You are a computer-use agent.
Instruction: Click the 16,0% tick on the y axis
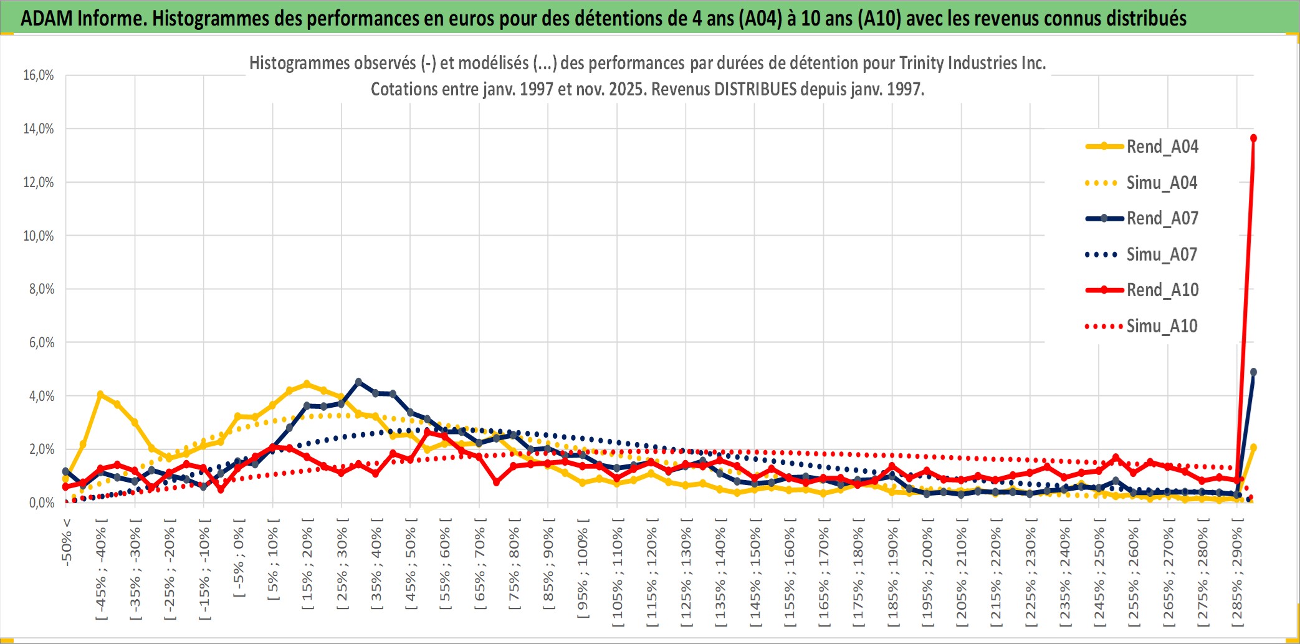pyautogui.click(x=39, y=75)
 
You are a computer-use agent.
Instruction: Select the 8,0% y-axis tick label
pyautogui.click(x=41, y=289)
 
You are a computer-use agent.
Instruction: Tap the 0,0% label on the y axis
pyautogui.click(x=41, y=503)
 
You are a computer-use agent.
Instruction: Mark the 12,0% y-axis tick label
pyautogui.click(x=39, y=183)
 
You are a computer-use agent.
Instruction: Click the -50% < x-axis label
pyautogui.click(x=67, y=542)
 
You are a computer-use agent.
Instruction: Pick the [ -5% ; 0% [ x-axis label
pyautogui.click(x=239, y=558)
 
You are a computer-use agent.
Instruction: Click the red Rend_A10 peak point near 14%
pyautogui.click(x=1253, y=138)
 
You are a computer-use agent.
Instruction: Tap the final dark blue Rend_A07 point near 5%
pyautogui.click(x=1253, y=372)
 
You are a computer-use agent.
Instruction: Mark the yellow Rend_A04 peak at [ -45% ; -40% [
pyautogui.click(x=100, y=395)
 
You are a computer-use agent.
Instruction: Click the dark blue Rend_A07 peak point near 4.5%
pyautogui.click(x=358, y=382)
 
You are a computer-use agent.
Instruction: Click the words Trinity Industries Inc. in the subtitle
pyautogui.click(x=972, y=63)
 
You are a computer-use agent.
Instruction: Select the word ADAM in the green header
pyautogui.click(x=47, y=18)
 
